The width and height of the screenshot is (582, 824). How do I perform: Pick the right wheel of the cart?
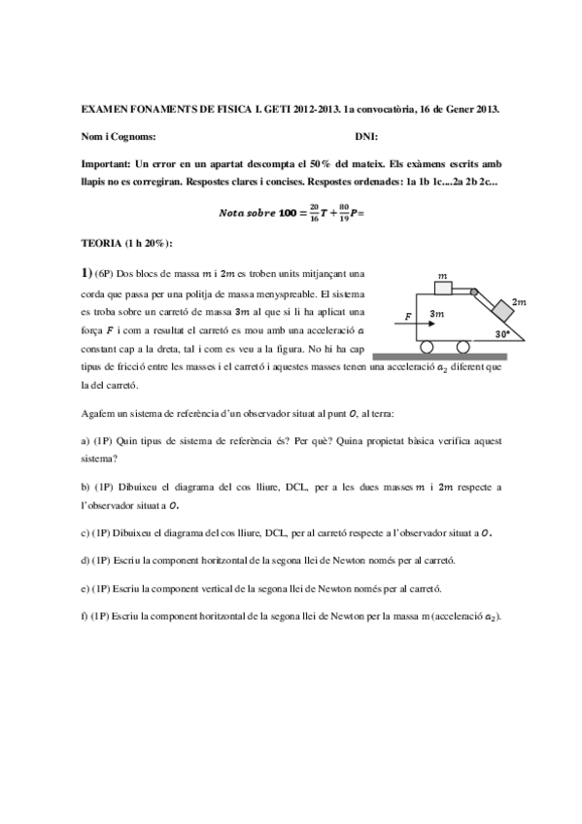(x=463, y=346)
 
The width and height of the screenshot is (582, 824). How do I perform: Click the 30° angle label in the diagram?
(x=503, y=333)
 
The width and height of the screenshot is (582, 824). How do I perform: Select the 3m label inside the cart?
(x=437, y=315)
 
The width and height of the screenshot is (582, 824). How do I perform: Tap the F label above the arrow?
(x=408, y=316)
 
